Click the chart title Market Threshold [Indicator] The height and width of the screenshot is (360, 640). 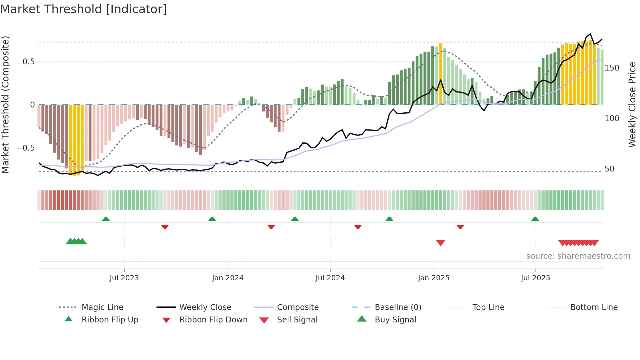[84, 9]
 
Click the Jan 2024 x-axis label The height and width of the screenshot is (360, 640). [228, 278]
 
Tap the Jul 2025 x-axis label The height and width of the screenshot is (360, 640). [535, 278]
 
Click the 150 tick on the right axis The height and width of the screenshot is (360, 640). [612, 68]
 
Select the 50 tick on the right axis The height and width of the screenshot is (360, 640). [609, 169]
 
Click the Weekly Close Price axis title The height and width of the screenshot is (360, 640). [632, 105]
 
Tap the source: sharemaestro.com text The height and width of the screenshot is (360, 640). [578, 256]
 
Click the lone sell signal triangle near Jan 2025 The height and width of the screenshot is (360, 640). [440, 243]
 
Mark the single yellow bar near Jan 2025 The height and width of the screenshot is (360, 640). [440, 74]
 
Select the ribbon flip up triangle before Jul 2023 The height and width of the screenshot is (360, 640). [106, 219]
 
